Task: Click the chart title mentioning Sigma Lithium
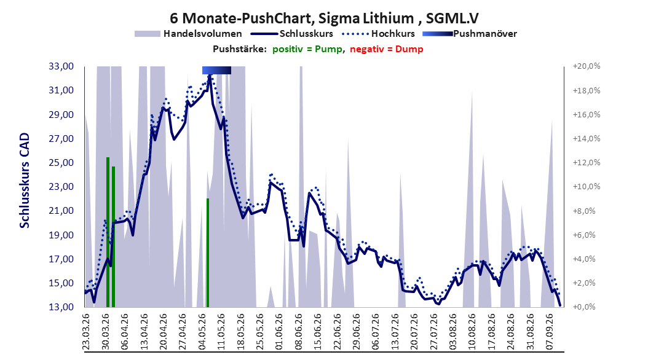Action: (324, 18)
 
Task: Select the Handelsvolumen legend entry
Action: (189, 34)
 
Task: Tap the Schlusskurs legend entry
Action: (292, 34)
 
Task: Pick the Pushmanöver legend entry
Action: (470, 34)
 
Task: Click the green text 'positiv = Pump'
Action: (307, 49)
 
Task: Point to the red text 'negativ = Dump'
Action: (387, 49)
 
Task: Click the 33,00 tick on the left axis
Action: (61, 66)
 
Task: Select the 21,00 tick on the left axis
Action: (61, 211)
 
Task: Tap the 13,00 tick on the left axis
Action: (61, 307)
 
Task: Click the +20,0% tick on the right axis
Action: (587, 66)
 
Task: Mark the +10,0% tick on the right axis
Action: (587, 187)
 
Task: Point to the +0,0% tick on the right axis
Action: (584, 307)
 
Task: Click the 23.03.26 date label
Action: (86, 332)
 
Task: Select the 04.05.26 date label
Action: (202, 332)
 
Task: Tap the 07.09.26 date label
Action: (550, 332)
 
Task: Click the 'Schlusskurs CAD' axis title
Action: (25, 180)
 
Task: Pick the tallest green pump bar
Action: (108, 232)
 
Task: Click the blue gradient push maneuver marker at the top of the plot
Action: (216, 70)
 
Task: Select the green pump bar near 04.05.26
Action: (208, 252)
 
